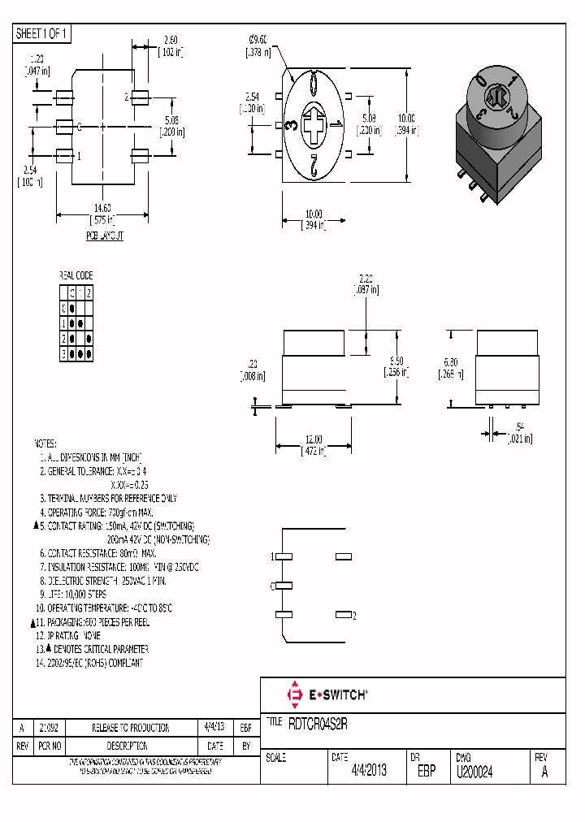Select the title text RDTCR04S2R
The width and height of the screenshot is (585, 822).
coord(318,722)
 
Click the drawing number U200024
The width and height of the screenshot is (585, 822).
coord(475,772)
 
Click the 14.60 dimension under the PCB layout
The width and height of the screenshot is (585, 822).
coord(102,209)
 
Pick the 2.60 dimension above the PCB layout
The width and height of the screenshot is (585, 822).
coord(171,40)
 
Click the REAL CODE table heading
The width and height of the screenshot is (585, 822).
coord(76,276)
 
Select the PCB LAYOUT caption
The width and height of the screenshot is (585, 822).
coord(105,236)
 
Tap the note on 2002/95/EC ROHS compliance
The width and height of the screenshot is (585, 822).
coord(91,663)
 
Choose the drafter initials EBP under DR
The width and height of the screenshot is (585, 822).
coord(427,772)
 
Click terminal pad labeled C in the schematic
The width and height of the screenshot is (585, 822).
coord(284,586)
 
